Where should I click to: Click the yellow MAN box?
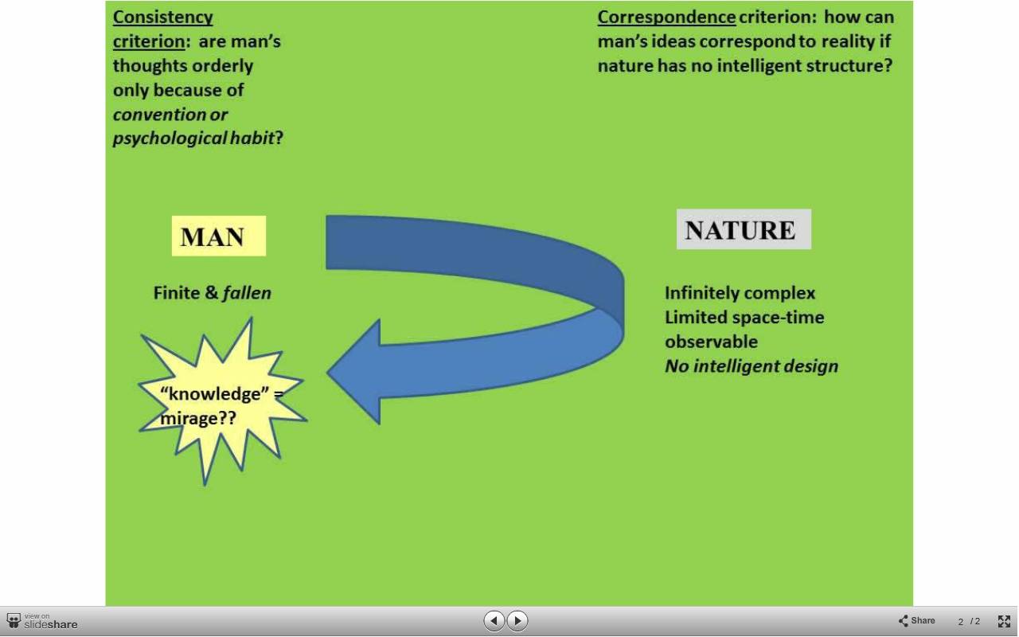219,236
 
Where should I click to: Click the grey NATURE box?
744,229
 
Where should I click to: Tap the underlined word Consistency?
163,18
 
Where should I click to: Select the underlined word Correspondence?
666,18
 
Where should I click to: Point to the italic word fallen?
247,292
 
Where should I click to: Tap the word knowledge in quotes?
214,393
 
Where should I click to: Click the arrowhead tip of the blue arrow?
327,372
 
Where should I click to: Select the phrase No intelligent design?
752,366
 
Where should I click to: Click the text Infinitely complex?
740,293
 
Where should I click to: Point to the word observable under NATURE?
712,342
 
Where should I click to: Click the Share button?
916,620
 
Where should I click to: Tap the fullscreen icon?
1004,621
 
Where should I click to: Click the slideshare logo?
42,621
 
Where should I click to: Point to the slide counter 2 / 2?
969,622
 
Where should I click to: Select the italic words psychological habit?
193,139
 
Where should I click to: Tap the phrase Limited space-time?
744,317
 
